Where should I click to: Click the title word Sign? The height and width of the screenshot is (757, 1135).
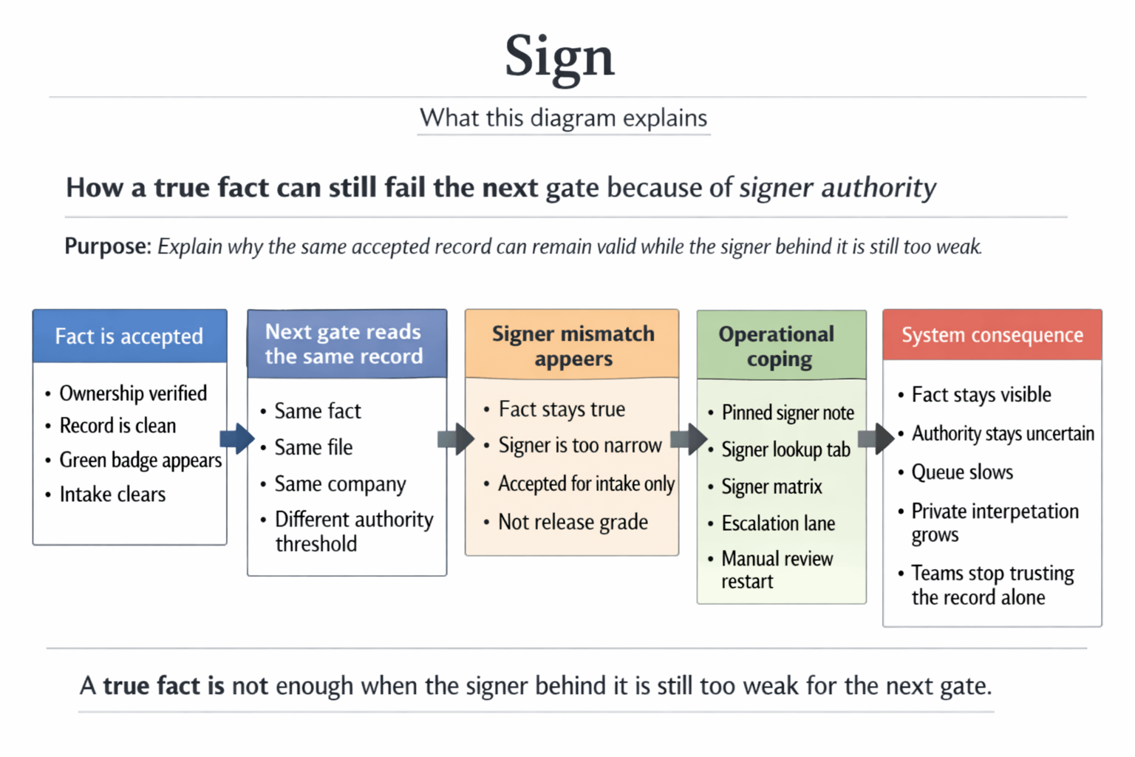pyautogui.click(x=559, y=57)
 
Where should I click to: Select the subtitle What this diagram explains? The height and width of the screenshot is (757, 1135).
pyautogui.click(x=563, y=118)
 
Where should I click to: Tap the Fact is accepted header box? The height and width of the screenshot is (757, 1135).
pyautogui.click(x=129, y=336)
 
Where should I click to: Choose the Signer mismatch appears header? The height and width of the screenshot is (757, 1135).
pyautogui.click(x=573, y=345)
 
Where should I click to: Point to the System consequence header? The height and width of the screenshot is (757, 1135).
pyautogui.click(x=992, y=336)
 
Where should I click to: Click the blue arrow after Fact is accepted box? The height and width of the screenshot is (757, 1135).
pyautogui.click(x=236, y=438)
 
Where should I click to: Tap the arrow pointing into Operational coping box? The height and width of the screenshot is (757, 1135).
pyautogui.click(x=688, y=439)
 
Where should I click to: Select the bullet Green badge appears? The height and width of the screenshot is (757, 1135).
pyautogui.click(x=140, y=461)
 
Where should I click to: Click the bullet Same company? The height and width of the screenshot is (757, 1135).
pyautogui.click(x=340, y=484)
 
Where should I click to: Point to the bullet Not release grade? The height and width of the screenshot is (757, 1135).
pyautogui.click(x=573, y=522)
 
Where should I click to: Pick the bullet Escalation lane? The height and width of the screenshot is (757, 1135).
pyautogui.click(x=778, y=523)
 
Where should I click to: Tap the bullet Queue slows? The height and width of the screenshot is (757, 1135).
pyautogui.click(x=962, y=472)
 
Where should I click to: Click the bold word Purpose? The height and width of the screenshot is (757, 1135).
pyautogui.click(x=107, y=246)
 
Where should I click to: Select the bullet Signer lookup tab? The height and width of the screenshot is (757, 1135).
pyautogui.click(x=785, y=449)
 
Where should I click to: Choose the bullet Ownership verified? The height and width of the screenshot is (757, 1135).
pyautogui.click(x=133, y=393)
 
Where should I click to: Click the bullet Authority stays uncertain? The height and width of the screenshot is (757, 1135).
pyautogui.click(x=1003, y=433)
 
